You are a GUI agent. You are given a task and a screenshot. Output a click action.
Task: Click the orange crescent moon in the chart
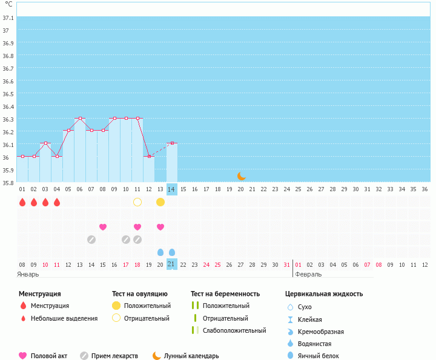point(242,175)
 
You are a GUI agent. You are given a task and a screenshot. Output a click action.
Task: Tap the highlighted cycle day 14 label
point(172,189)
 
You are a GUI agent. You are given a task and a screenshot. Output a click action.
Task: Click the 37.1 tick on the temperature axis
point(8,17)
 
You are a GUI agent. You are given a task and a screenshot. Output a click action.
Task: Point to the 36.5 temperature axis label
point(8,94)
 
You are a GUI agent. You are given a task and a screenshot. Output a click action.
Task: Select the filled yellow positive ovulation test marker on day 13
point(160,201)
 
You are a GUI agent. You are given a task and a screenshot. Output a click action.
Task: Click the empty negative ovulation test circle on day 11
point(137,201)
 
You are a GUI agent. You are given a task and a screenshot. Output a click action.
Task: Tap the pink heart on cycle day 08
point(103,227)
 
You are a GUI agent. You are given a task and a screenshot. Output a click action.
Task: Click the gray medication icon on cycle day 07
point(91,240)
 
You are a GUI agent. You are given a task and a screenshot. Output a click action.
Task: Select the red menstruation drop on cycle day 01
point(22,202)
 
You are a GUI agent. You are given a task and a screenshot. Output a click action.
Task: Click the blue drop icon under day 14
point(172,252)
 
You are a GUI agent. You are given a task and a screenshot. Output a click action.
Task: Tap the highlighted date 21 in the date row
point(172,264)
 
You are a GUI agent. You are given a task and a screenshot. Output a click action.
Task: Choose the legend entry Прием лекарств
point(114,356)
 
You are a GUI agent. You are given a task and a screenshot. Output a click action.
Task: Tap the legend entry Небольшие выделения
point(64,318)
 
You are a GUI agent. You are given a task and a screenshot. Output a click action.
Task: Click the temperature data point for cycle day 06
point(80,119)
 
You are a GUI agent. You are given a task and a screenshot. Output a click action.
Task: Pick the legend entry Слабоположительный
point(234,330)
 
